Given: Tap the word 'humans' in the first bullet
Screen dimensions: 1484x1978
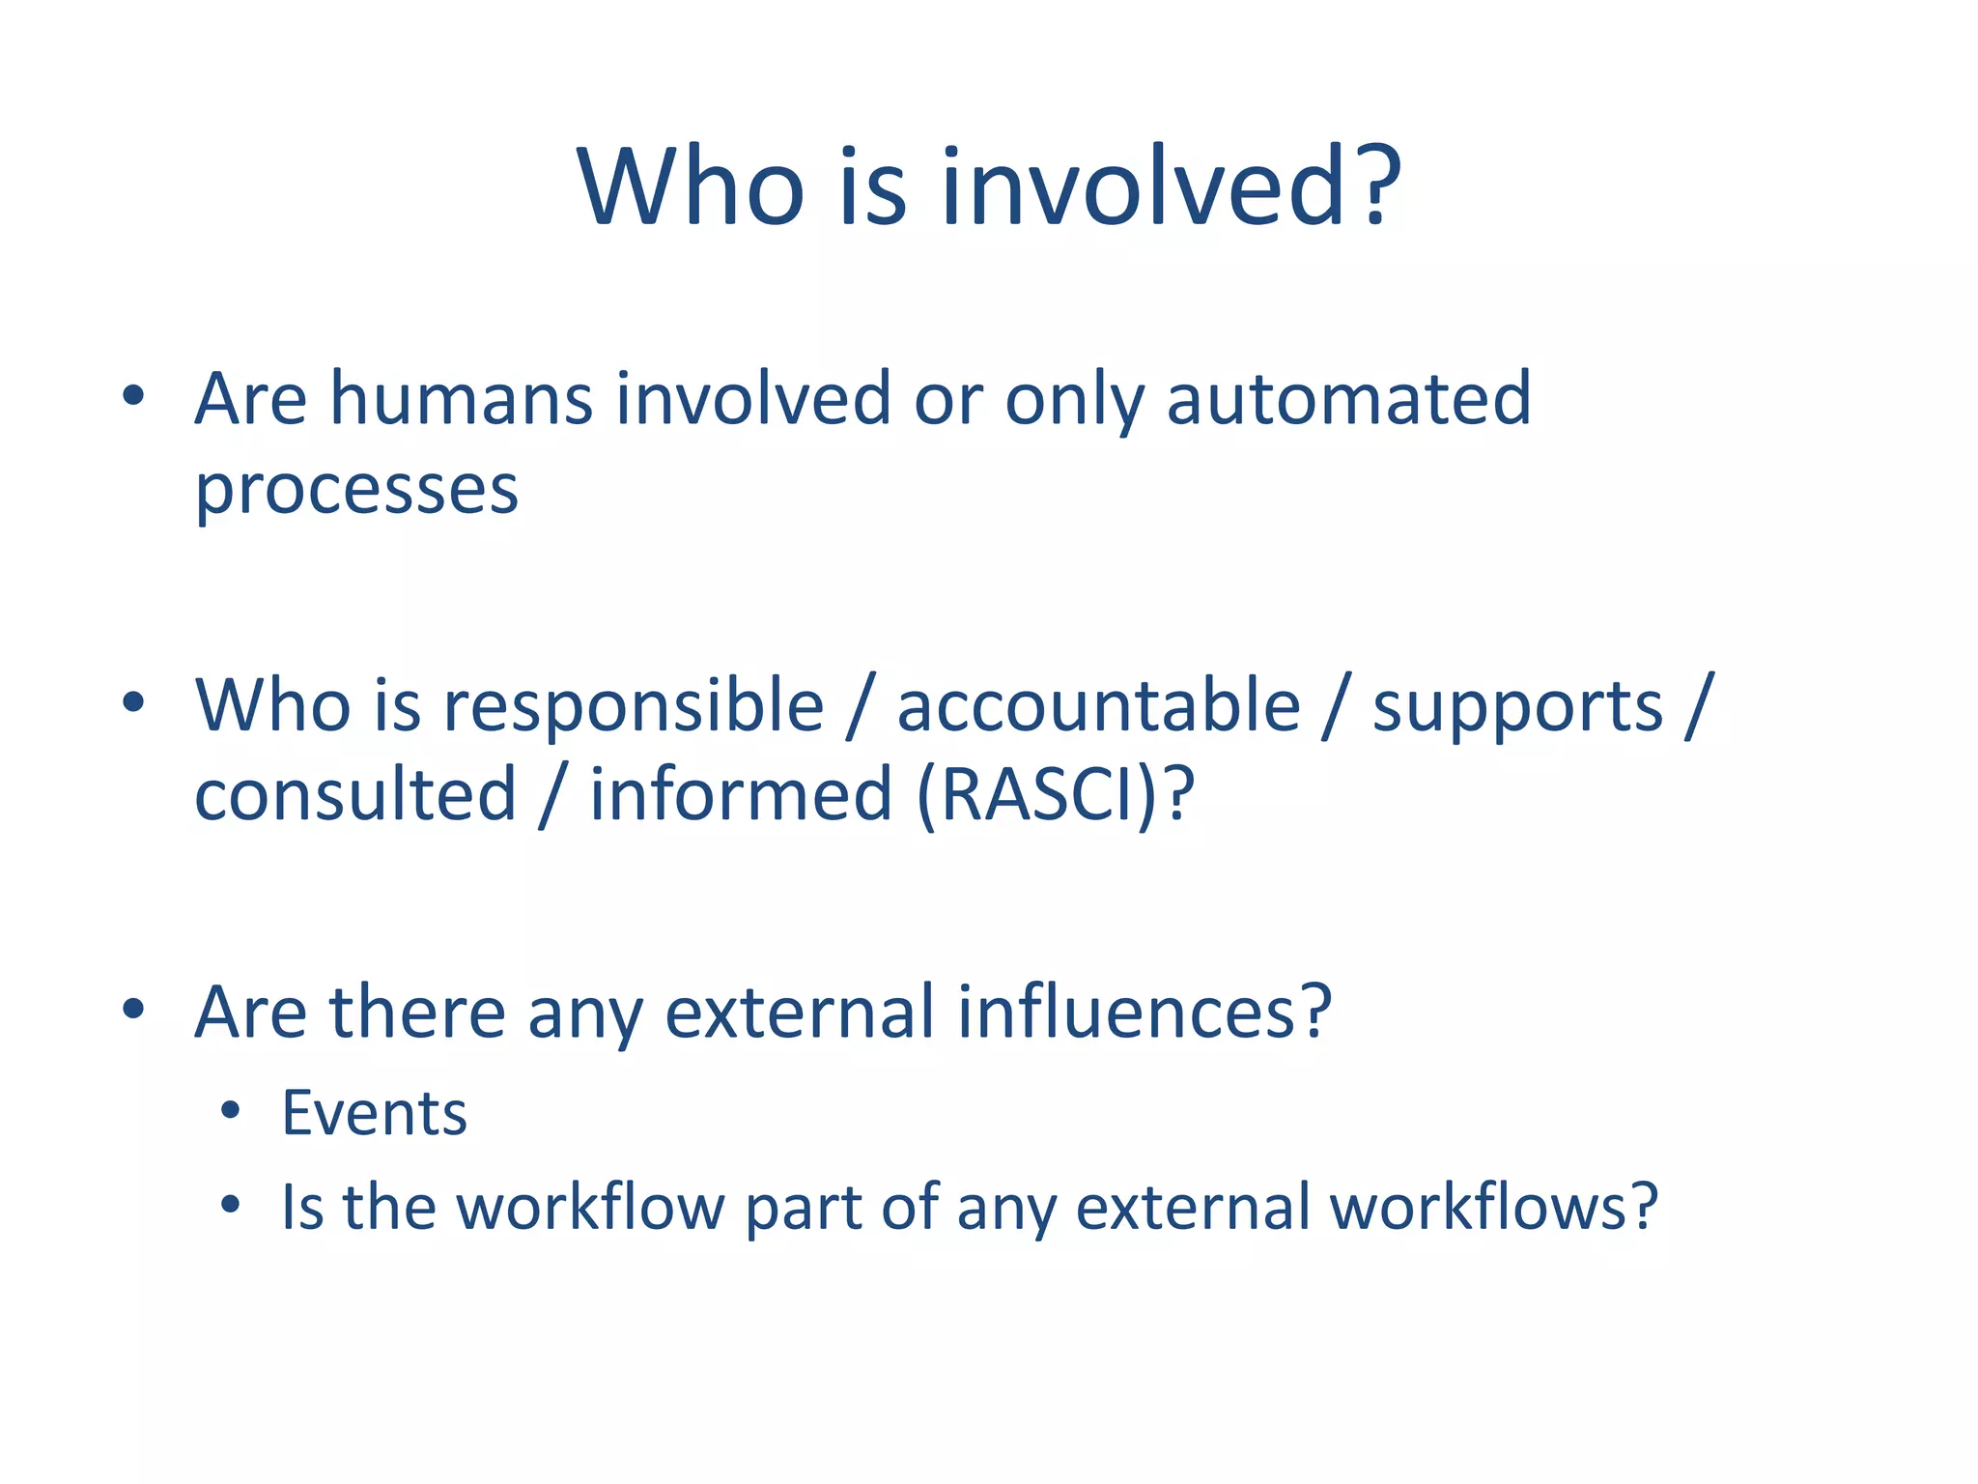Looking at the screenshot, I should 461,399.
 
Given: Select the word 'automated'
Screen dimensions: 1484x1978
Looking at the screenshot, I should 1348,399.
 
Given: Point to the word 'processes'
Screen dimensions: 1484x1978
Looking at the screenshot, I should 356,491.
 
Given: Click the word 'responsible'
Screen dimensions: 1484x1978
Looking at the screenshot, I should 634,705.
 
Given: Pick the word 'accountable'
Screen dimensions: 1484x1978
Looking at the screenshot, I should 1098,705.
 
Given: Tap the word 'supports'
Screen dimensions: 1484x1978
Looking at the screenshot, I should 1517,707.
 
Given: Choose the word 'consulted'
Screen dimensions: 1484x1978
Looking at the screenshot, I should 355,794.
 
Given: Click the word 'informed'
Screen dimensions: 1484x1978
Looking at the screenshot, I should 741,794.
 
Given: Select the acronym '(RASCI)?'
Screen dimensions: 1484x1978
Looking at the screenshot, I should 1056,794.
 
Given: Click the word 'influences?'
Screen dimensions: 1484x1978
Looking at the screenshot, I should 1144,1012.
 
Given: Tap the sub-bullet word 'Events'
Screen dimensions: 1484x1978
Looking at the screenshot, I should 375,1113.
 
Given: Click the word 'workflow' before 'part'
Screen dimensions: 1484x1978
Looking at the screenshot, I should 589,1207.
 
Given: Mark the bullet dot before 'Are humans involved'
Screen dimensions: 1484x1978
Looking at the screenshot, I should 133,395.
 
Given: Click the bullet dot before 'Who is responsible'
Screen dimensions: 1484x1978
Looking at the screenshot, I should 133,702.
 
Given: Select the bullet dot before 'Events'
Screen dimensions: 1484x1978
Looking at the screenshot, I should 229,1111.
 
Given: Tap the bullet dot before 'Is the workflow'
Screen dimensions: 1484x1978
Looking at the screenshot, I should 229,1205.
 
